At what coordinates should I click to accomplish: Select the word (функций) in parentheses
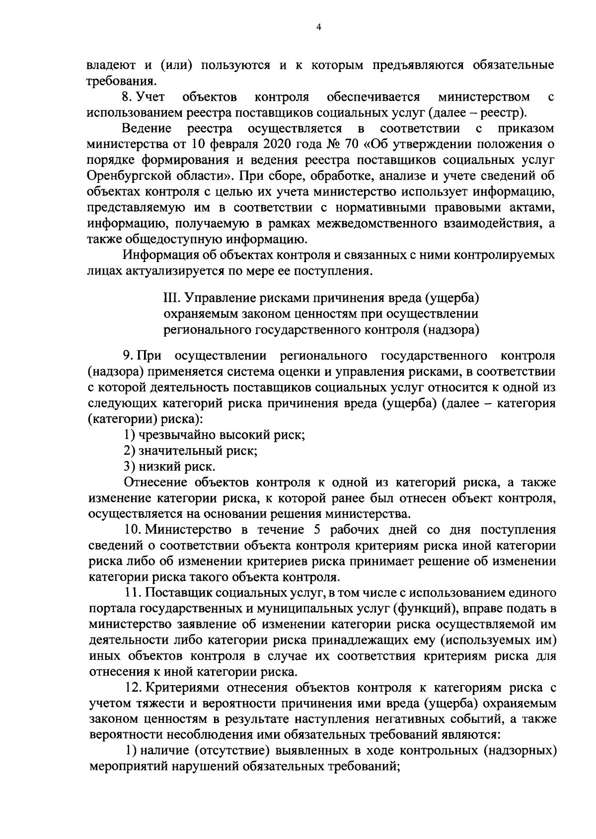(424, 609)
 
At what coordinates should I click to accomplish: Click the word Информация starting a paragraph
(159, 256)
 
